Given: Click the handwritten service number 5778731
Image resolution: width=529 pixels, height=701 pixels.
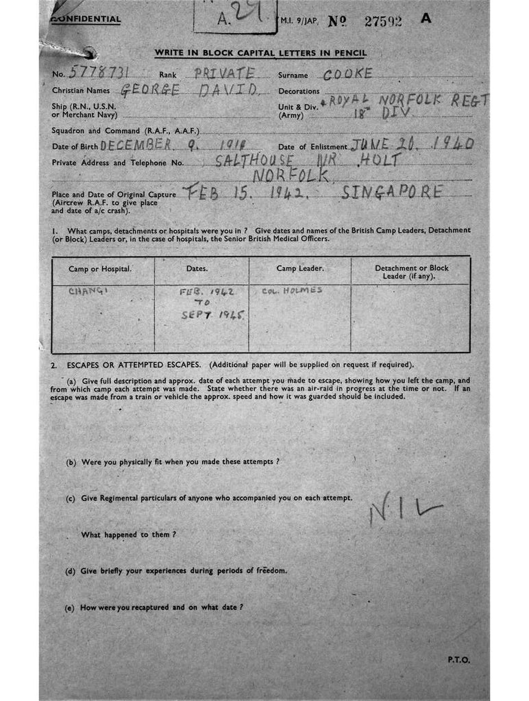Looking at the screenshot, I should tap(101, 73).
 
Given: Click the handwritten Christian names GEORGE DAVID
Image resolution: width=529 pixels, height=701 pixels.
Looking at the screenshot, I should tap(188, 90).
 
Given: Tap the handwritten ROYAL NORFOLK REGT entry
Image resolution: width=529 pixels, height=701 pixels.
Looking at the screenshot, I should tap(409, 99).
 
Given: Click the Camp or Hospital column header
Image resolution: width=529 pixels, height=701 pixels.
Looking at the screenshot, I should tap(100, 269).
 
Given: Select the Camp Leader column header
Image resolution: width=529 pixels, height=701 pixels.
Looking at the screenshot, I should tap(299, 269).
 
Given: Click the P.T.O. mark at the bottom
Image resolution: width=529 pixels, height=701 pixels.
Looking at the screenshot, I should tap(459, 660).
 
